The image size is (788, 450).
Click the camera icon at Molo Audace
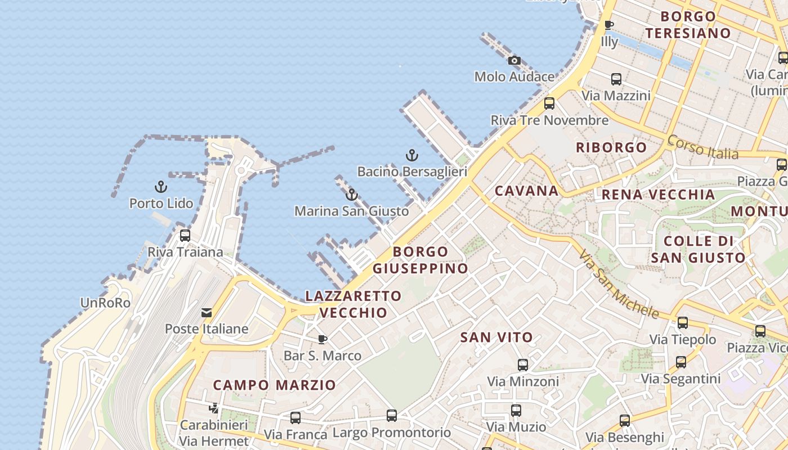coord(514,61)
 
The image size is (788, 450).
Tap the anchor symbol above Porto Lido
coord(161,187)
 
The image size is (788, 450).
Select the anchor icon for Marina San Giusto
coord(352,195)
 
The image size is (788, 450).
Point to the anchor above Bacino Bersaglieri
coord(412,155)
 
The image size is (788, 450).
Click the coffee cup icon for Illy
coord(608,25)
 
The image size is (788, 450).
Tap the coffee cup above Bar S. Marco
coord(322,339)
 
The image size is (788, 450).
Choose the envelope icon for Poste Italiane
coord(207,313)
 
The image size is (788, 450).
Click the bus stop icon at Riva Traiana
coord(185,236)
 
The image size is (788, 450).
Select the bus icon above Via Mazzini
coord(616,79)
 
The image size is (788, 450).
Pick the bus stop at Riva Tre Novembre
coord(549,103)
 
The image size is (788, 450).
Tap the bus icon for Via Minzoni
coord(523,365)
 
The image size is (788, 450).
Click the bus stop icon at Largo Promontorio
coord(392,416)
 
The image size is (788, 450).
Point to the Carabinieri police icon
coord(213,408)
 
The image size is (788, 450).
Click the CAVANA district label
coord(526,191)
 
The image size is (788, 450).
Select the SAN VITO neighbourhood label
coord(496,337)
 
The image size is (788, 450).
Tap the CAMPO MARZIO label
coord(274,385)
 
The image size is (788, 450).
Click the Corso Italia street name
coord(702,147)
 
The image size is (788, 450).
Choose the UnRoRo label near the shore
coord(105,303)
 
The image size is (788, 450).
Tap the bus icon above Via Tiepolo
coord(683,323)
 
